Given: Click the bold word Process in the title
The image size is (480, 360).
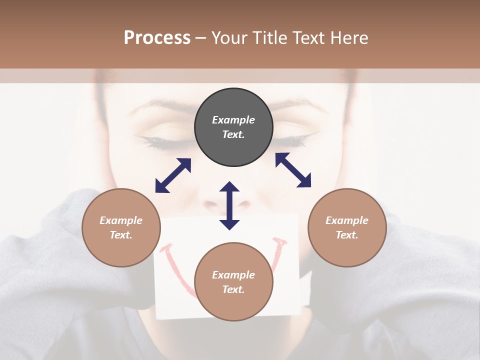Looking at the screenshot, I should (157, 38).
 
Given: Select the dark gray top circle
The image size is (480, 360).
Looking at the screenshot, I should (233, 127).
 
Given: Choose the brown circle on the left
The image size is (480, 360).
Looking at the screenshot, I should (121, 227).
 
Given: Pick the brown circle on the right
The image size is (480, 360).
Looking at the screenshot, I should (347, 227).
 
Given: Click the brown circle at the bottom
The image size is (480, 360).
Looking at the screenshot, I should (233, 282).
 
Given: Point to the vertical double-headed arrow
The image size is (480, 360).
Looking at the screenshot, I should (229, 205).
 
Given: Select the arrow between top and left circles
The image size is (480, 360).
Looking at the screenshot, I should (173, 175).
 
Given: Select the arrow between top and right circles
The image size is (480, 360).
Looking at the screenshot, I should (293, 170).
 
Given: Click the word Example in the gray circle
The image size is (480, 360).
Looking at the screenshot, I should (233, 120).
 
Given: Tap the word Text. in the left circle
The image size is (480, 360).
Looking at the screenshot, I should (121, 235).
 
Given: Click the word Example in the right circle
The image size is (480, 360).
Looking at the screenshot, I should (347, 220).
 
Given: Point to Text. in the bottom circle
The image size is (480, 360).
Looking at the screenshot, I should (233, 289).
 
